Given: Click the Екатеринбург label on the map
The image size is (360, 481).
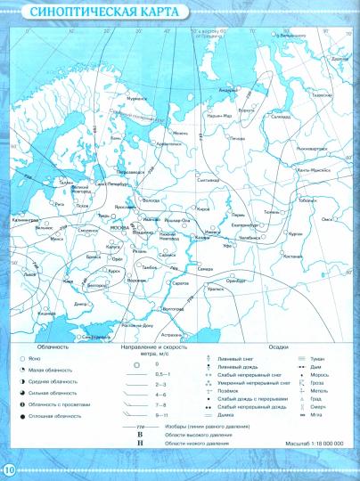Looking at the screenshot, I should [x=246, y=225].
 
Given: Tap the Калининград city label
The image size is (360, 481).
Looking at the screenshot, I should [x=24, y=216].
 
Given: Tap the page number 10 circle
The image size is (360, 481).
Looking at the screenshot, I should [x=9, y=469].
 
